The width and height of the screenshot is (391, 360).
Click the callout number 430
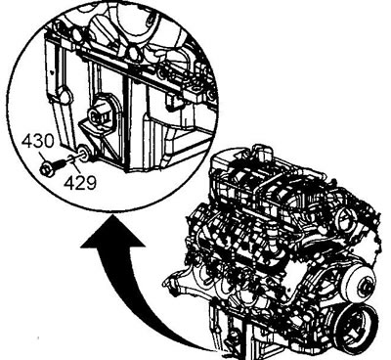[x=38, y=141]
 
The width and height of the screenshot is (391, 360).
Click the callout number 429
[x=80, y=183]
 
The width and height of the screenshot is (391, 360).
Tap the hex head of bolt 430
[x=47, y=170]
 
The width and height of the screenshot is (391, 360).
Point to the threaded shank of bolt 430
[x=60, y=163]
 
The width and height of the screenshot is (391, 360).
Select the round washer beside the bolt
[x=84, y=154]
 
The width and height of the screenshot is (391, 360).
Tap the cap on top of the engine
[x=261, y=151]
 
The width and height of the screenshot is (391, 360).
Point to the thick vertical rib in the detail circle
[x=127, y=125]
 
